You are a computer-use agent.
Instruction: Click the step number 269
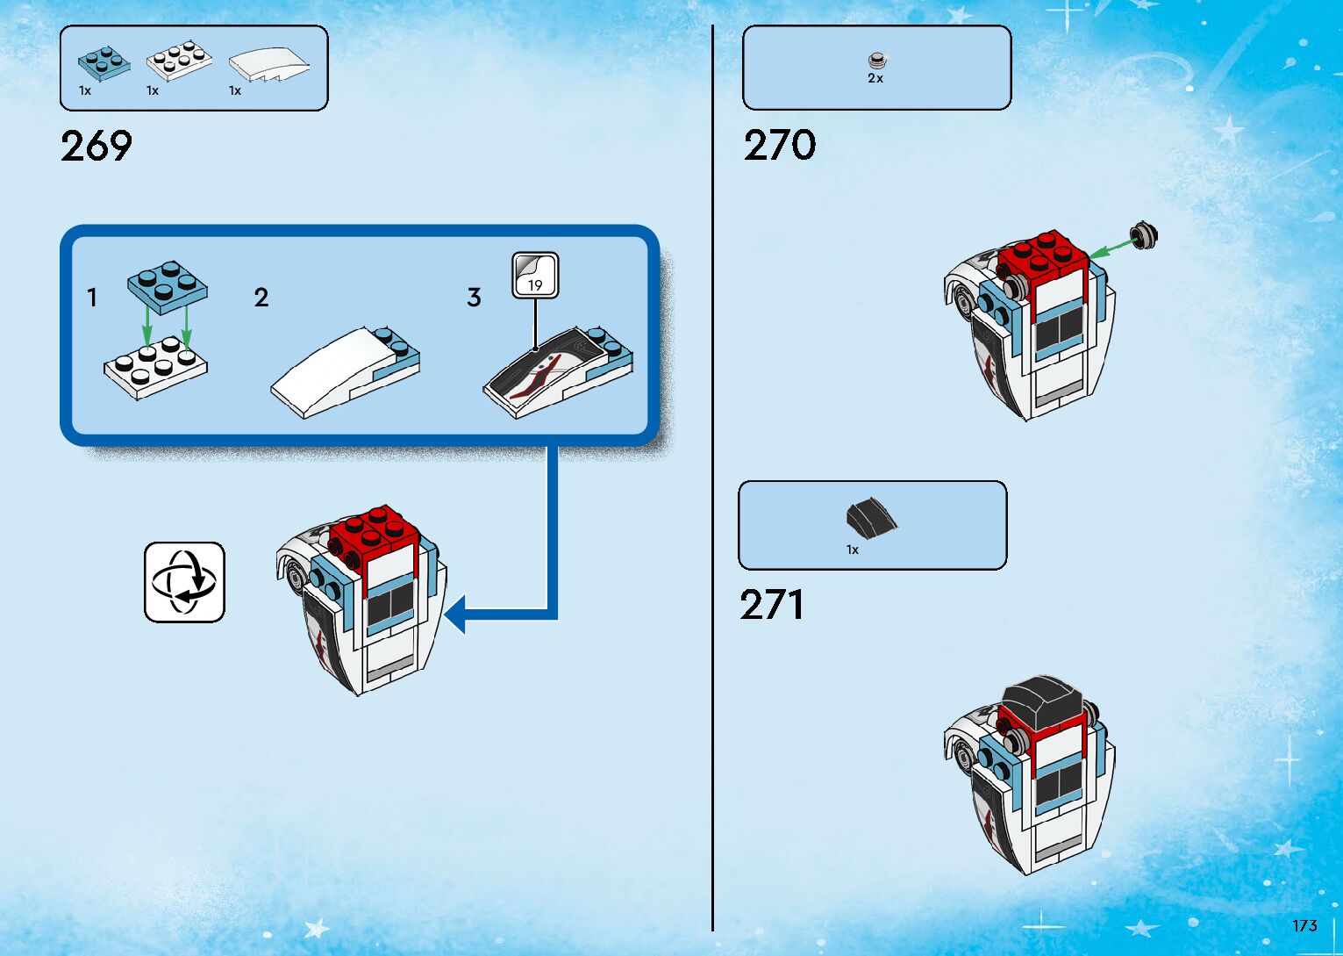(96, 146)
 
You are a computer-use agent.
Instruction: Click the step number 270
(779, 145)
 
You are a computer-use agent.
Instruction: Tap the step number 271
(771, 605)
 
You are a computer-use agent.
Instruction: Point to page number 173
(1304, 925)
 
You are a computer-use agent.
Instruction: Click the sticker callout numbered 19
(535, 276)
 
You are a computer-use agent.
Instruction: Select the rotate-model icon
(184, 582)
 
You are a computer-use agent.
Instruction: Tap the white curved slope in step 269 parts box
(268, 65)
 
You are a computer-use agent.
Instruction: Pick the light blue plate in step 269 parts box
(103, 61)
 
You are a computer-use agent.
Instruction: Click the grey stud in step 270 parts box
(875, 60)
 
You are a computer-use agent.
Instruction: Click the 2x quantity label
(875, 78)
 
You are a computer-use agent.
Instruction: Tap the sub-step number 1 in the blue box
(92, 298)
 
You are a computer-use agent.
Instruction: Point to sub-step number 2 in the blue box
(261, 298)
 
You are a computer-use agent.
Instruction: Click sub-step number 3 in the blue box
(474, 298)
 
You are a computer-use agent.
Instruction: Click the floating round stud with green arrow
(1144, 235)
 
